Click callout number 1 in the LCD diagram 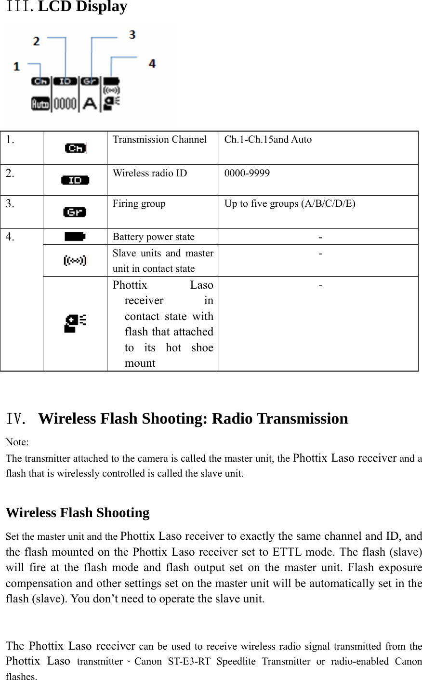click(x=17, y=66)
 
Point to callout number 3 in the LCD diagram click(x=132, y=35)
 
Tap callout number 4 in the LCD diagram click(x=152, y=64)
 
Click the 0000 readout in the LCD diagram click(x=65, y=104)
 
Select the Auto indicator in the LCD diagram click(x=40, y=104)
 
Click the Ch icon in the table click(x=75, y=148)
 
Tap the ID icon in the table click(x=75, y=180)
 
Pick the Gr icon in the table click(x=75, y=212)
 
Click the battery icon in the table click(x=75, y=237)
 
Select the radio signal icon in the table click(x=75, y=261)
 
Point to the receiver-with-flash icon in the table click(x=75, y=323)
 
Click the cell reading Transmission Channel click(x=159, y=140)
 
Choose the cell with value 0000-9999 click(x=247, y=173)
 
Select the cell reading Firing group click(x=139, y=204)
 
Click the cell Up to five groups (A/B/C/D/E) click(x=290, y=204)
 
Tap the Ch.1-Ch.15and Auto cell click(x=268, y=140)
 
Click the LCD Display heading click(x=82, y=7)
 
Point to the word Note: click(x=17, y=442)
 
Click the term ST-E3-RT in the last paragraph click(x=189, y=662)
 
